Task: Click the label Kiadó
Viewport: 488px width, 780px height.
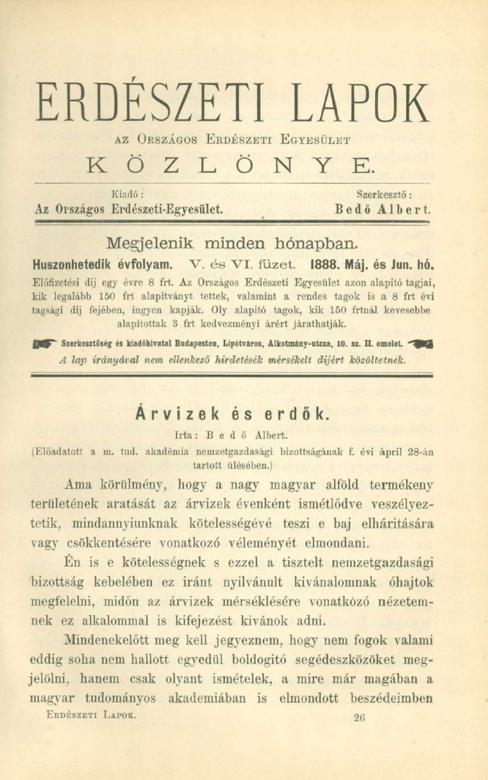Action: [x=125, y=195]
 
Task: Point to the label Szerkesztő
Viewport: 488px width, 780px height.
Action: [x=383, y=195]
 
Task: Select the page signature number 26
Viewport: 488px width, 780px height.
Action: [x=358, y=718]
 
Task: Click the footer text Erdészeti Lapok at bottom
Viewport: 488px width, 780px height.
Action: [x=91, y=713]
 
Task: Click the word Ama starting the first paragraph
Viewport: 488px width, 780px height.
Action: [x=78, y=484]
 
